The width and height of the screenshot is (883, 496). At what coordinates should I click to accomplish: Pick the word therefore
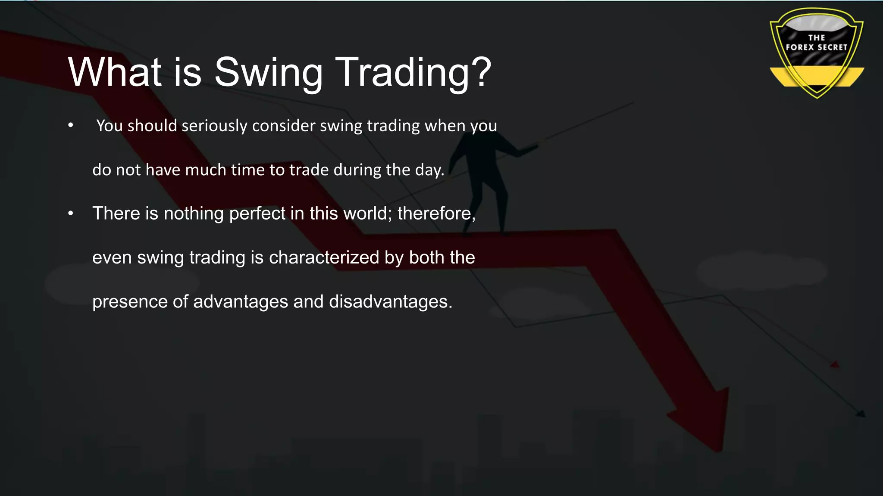(435, 214)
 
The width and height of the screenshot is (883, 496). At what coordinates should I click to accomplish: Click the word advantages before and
(240, 302)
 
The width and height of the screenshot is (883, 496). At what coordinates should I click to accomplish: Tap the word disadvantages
(389, 302)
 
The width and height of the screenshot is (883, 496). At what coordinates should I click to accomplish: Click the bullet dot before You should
(71, 126)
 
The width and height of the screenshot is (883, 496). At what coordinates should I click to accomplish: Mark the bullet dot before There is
(71, 214)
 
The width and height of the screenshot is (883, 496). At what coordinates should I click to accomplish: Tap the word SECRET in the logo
(830, 47)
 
